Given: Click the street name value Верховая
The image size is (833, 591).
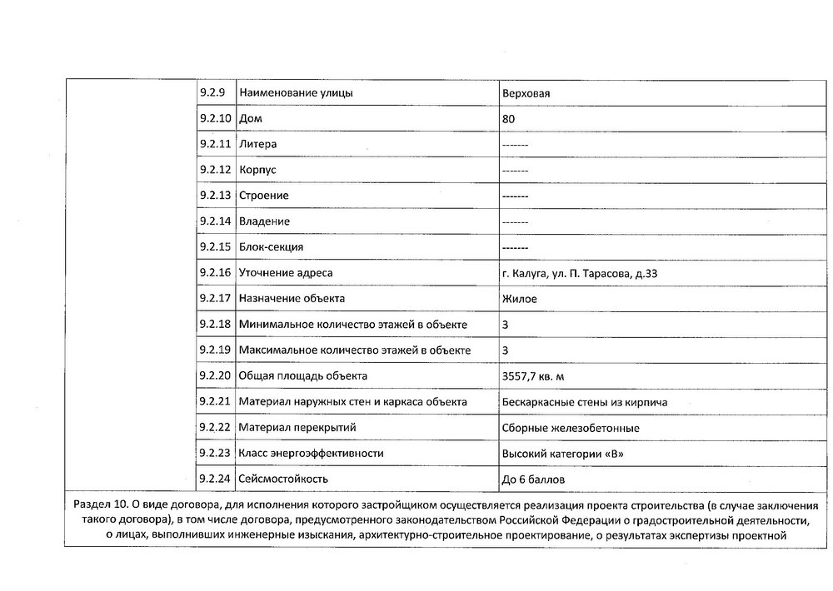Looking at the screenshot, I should pos(526,93).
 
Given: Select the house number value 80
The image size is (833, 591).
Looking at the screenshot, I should pos(509,119).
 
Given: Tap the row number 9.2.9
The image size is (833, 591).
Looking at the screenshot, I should pos(212,92).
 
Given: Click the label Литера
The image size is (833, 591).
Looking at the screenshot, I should pos(257,144).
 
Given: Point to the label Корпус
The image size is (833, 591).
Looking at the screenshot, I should pos(257,170).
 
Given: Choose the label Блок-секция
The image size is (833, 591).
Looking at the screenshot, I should pos(271,247).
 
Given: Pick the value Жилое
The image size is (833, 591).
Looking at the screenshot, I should pos(520,299).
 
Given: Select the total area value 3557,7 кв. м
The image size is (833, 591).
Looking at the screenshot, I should pos(539,376).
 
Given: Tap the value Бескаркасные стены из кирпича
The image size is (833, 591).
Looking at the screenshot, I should pos(585,402).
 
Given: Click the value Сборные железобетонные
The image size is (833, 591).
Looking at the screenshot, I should pos(571,428).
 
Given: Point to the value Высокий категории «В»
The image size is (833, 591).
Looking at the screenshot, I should pos(562,454).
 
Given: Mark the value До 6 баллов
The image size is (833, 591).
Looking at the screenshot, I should pos(538,479).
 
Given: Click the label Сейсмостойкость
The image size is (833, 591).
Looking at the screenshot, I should pos(283,479).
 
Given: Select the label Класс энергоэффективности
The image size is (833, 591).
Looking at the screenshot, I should pos(311,453).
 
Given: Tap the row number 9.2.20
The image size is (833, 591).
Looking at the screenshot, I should pos(216,375).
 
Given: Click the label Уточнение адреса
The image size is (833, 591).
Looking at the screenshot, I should pos(291,273).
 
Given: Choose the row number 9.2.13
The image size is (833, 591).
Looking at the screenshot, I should pos(216,196).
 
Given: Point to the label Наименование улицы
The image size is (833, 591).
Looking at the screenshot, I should pos(296,92).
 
